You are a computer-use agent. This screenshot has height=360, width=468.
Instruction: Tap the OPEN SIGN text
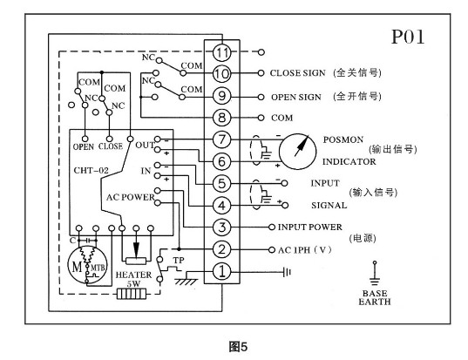(295, 96)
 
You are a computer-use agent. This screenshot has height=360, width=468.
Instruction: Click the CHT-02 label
(92, 161)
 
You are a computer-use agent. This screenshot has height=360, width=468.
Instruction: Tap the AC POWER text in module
(130, 195)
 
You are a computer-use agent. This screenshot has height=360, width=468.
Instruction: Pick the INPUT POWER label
(313, 228)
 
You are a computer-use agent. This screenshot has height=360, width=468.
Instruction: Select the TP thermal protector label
(178, 259)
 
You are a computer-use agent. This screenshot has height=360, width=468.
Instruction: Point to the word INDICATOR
(349, 161)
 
